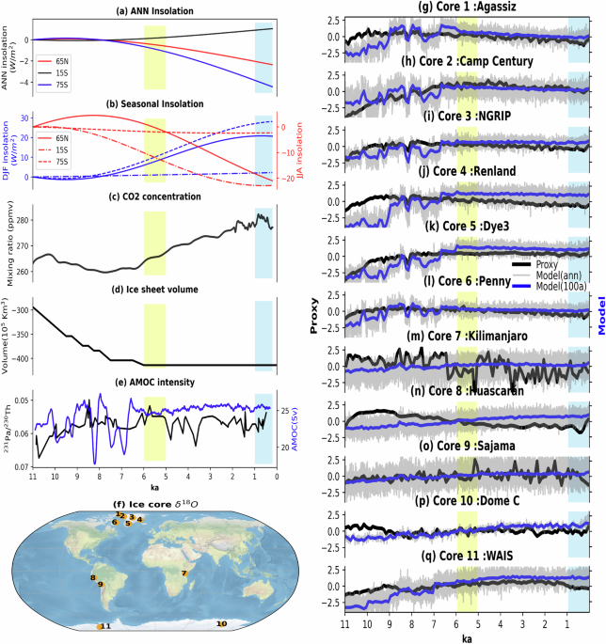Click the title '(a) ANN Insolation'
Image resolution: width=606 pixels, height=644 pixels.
(x=156, y=10)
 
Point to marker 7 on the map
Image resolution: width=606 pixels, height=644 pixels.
(x=185, y=573)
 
